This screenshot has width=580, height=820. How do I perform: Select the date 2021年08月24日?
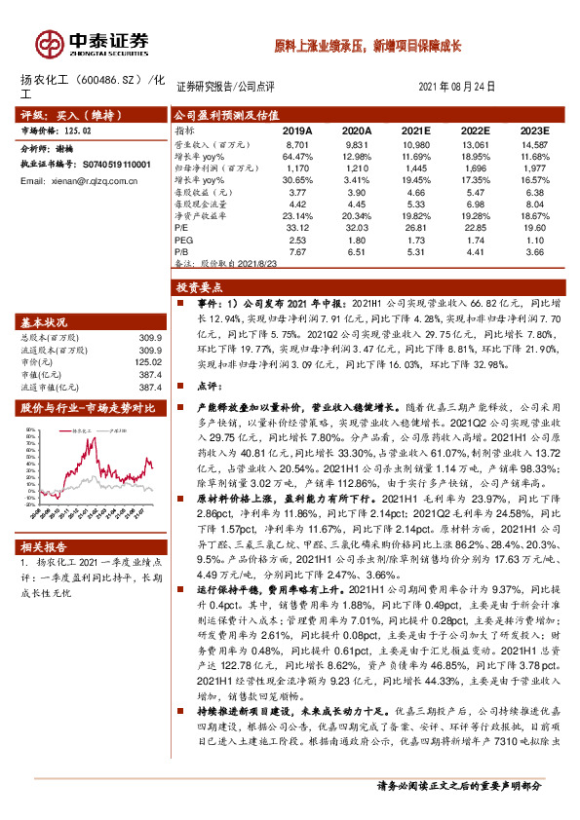click(464, 86)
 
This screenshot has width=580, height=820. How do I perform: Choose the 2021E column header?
click(415, 130)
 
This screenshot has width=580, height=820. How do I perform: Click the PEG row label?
click(184, 238)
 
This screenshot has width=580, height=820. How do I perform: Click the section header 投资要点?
click(201, 287)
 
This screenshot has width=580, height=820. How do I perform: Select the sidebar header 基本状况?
click(44, 322)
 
